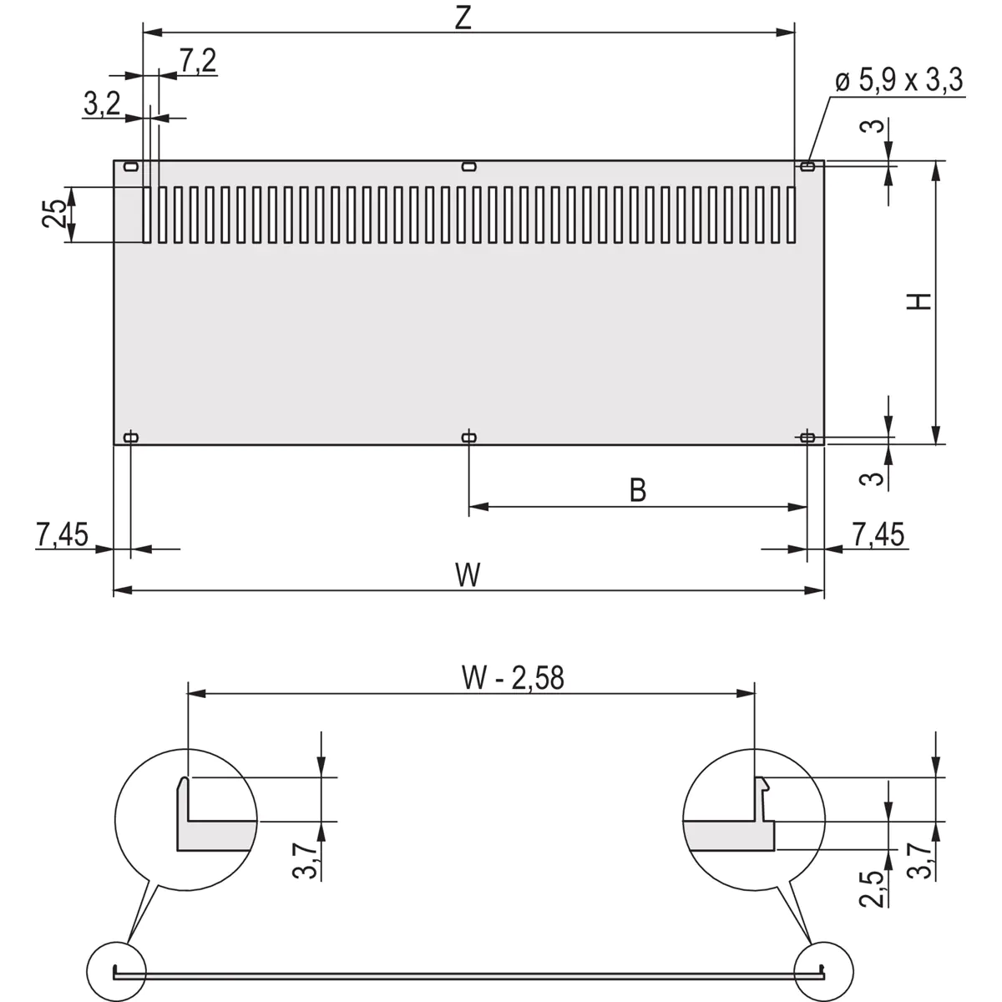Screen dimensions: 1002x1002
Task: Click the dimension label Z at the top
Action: coord(463,18)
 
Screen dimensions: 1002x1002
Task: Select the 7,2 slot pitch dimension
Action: coord(197,61)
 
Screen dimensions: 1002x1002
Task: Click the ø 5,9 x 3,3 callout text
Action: coord(898,81)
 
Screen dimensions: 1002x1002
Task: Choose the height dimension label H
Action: coord(919,301)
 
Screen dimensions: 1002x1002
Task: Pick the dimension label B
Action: coord(637,490)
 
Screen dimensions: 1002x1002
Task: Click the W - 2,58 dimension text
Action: coord(513,678)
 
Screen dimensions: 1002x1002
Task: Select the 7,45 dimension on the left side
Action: coord(62,534)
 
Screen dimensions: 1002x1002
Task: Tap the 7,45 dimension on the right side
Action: coord(878,534)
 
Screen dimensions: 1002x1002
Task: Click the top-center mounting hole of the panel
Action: coord(468,166)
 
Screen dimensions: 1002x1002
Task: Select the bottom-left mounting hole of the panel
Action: coord(131,437)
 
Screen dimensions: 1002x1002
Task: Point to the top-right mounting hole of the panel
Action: coord(807,166)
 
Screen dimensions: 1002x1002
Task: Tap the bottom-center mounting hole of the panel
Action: coord(468,437)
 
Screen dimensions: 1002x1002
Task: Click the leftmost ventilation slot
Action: coord(147,215)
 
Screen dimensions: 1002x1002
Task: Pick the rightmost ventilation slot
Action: coord(791,215)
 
